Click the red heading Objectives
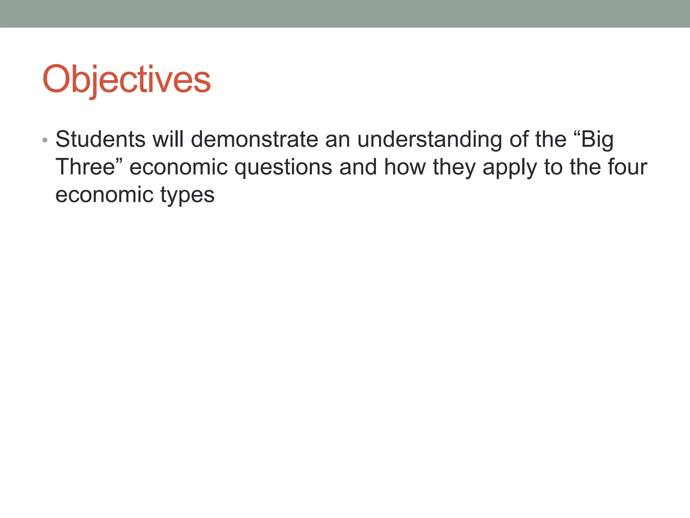click(x=126, y=80)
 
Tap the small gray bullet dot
click(x=45, y=140)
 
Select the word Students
click(x=100, y=139)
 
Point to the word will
click(x=168, y=139)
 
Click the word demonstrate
click(x=254, y=139)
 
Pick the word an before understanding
click(x=338, y=139)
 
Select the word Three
click(x=86, y=167)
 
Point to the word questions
click(x=283, y=168)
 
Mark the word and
click(x=358, y=167)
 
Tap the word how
click(x=405, y=167)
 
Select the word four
click(x=627, y=167)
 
